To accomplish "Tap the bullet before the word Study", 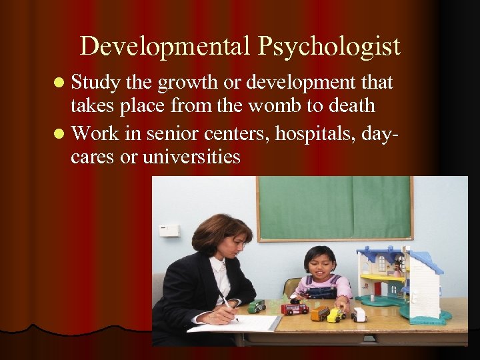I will (x=61, y=83).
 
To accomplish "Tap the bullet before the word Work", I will (x=61, y=133).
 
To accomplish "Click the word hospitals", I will (x=302, y=133).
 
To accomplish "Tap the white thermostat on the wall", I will (x=169, y=231).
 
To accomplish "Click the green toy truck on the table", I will (x=257, y=306).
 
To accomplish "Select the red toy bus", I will (x=294, y=309).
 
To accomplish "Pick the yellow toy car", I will (x=335, y=314).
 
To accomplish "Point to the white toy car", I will (x=359, y=314).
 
